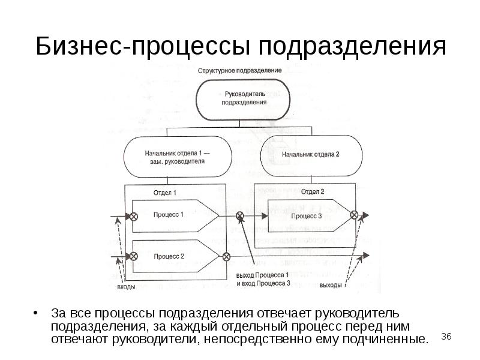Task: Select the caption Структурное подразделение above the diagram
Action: point(239,70)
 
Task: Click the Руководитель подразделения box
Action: point(244,98)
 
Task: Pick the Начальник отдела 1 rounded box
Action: point(174,157)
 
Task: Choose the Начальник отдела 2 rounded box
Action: point(311,154)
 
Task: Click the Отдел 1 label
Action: point(165,193)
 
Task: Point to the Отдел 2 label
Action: point(312,192)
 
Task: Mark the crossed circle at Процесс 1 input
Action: point(134,215)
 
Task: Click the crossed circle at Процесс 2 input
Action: point(134,256)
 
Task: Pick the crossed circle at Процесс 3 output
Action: point(354,215)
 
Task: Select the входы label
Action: point(126,286)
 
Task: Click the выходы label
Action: point(331,285)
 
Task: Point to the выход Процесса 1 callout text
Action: point(262,278)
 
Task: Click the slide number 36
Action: point(446,337)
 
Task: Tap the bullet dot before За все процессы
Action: point(37,314)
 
